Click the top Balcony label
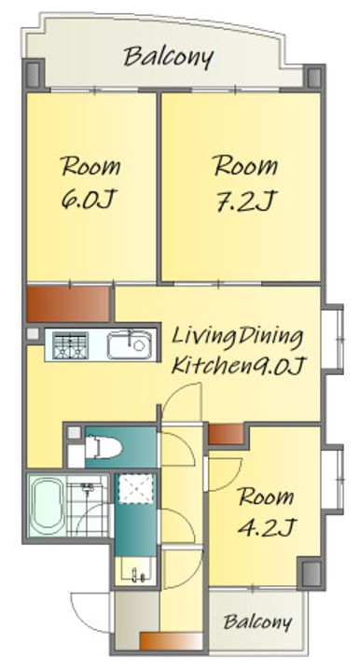pos(168,58)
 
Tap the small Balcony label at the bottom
pos(257,622)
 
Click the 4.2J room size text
pos(265,528)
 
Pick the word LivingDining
pos(237,338)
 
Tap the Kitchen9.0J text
pos(238,365)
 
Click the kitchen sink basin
pos(130,345)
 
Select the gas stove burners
pos(70,345)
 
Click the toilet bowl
pos(104,447)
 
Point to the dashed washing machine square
pos(135,488)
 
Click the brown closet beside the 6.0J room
pos(68,304)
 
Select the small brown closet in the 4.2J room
pos(226,434)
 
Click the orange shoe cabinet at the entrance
pos(171,641)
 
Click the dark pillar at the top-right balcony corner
pos(314,77)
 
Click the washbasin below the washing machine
pos(136,571)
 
